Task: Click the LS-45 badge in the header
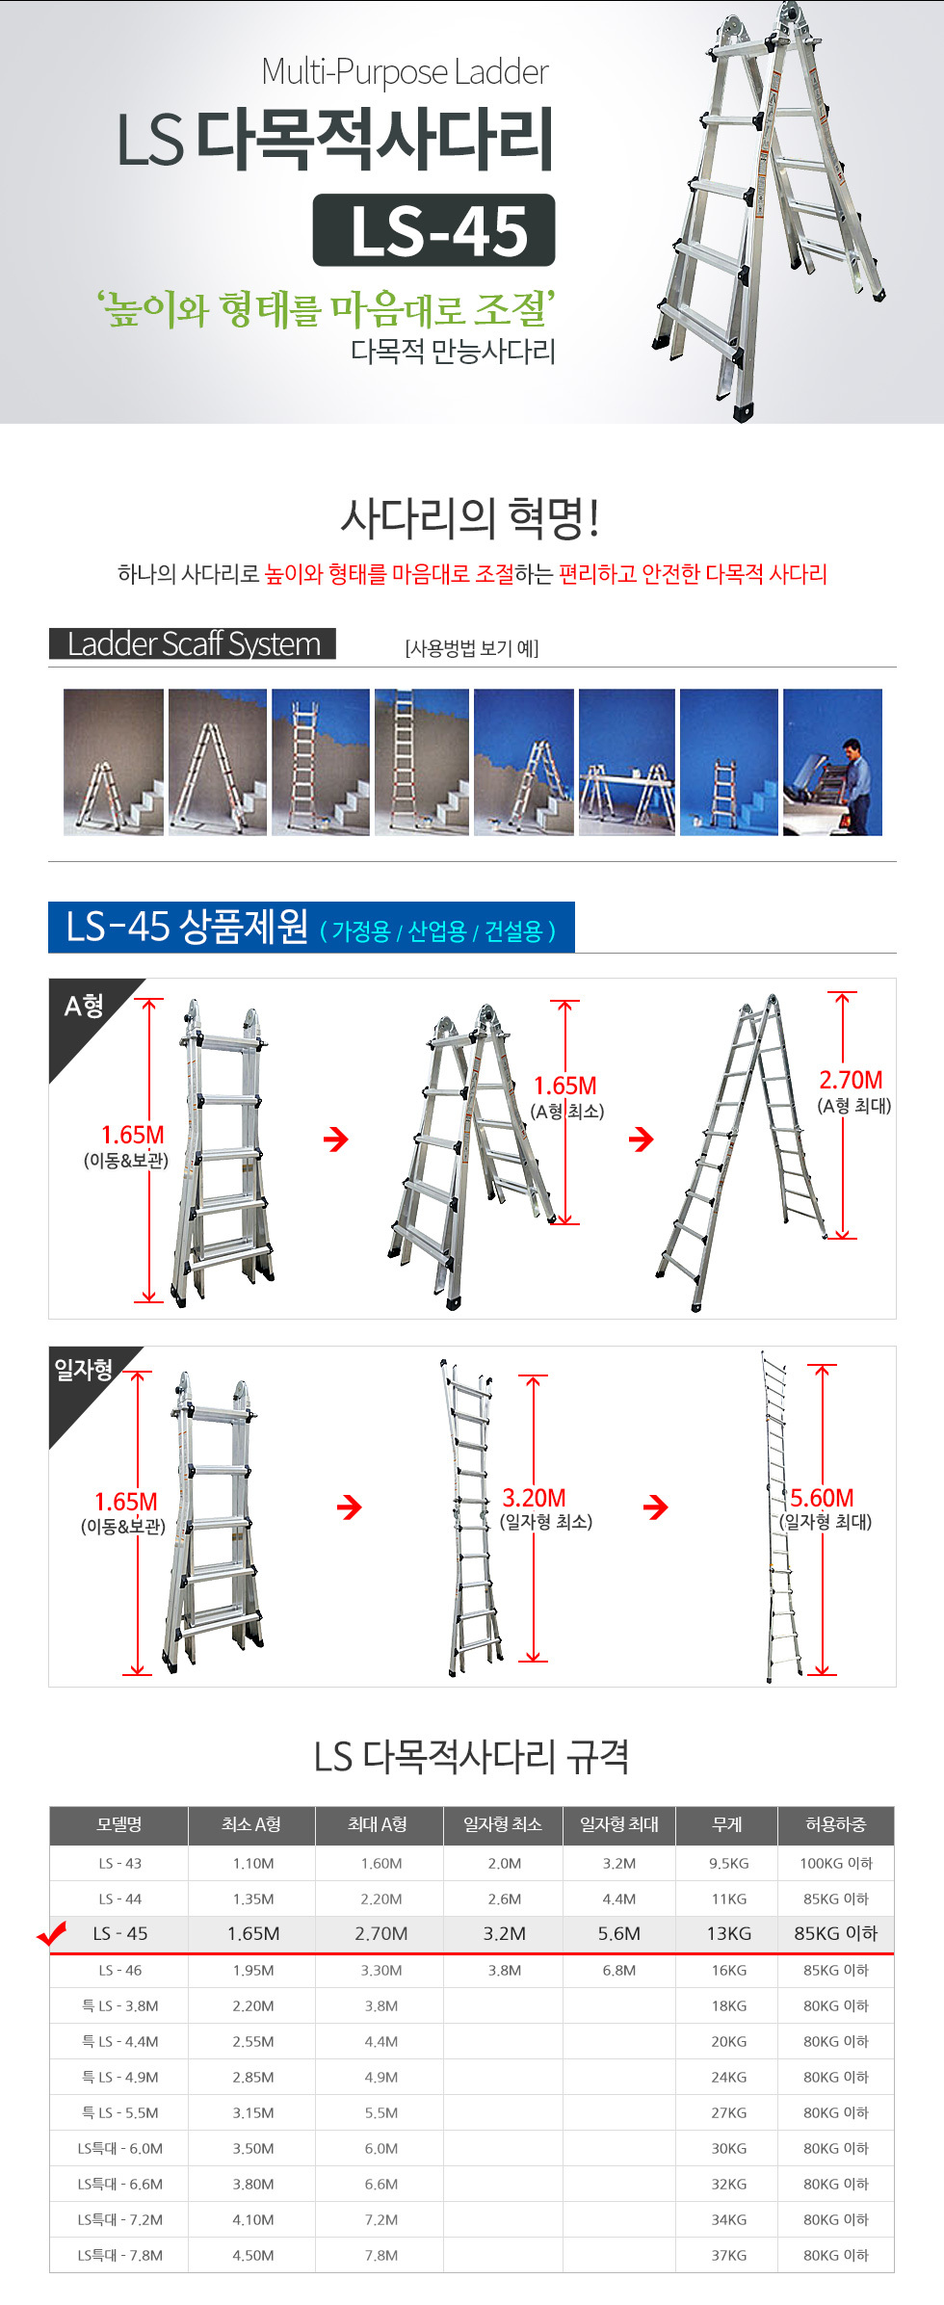pyautogui.click(x=433, y=230)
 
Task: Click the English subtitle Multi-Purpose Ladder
pyautogui.click(x=405, y=72)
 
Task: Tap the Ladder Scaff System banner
pyautogui.click(x=193, y=643)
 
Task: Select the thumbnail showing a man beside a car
pyautogui.click(x=832, y=762)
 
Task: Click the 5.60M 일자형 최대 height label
pyautogui.click(x=826, y=1509)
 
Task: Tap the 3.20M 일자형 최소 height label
pyautogui.click(x=545, y=1509)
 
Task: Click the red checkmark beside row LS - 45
pyautogui.click(x=51, y=1933)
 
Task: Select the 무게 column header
pyautogui.click(x=727, y=1824)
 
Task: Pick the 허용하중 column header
pyautogui.click(x=836, y=1824)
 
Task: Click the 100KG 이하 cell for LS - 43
pyautogui.click(x=836, y=1863)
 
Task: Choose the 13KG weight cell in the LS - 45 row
pyautogui.click(x=729, y=1933)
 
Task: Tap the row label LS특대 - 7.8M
pyautogui.click(x=120, y=2255)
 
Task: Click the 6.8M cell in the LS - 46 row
pyautogui.click(x=619, y=1970)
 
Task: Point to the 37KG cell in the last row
pyautogui.click(x=729, y=2255)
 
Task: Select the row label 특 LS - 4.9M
pyautogui.click(x=120, y=2077)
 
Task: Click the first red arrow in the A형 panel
pyautogui.click(x=336, y=1139)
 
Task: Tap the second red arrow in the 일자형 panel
pyautogui.click(x=656, y=1506)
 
